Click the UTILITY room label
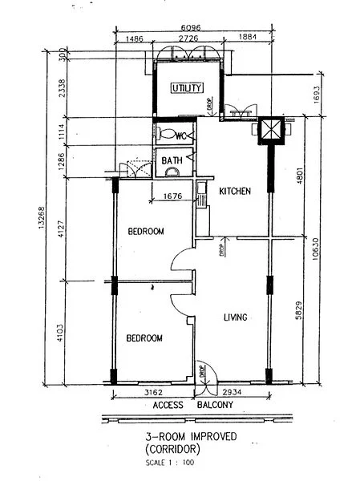187,88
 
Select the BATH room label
172,160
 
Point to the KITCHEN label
235,192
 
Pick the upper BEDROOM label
146,232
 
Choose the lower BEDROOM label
144,338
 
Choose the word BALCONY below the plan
213,406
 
